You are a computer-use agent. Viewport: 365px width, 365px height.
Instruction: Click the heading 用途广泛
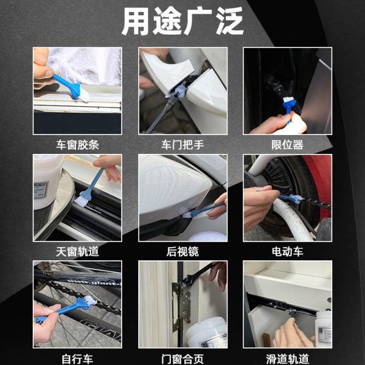182,21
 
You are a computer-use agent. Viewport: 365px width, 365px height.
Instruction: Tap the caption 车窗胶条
77,145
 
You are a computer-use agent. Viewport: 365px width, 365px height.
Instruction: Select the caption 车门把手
182,145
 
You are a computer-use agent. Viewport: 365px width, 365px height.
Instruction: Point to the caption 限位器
288,145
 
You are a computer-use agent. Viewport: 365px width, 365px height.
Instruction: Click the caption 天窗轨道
77,252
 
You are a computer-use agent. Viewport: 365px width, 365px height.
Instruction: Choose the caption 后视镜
182,252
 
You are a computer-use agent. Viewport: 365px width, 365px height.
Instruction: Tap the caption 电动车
288,252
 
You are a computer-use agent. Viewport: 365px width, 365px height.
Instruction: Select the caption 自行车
77,359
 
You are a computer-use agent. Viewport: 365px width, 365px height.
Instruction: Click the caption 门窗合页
182,359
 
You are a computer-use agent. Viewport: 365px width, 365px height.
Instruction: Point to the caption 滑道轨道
288,359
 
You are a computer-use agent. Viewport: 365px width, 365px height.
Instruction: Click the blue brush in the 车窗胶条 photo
70,86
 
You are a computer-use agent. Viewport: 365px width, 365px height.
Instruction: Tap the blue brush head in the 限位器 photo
289,105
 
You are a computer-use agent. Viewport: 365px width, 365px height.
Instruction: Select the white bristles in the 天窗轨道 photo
80,201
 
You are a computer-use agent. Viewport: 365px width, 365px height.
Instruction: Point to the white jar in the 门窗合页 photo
207,333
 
